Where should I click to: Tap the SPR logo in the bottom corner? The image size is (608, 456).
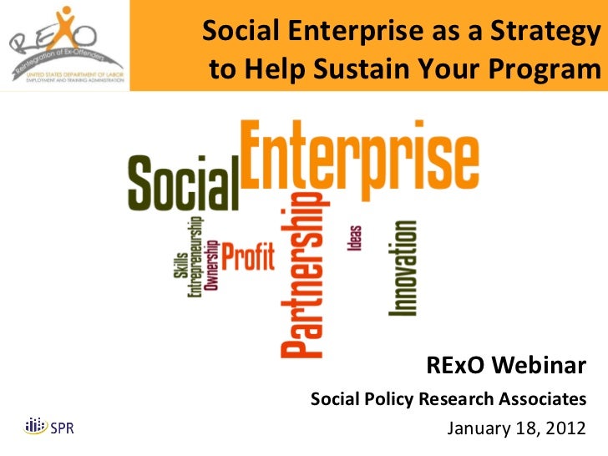click(49, 427)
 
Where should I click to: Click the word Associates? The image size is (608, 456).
click(543, 399)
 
